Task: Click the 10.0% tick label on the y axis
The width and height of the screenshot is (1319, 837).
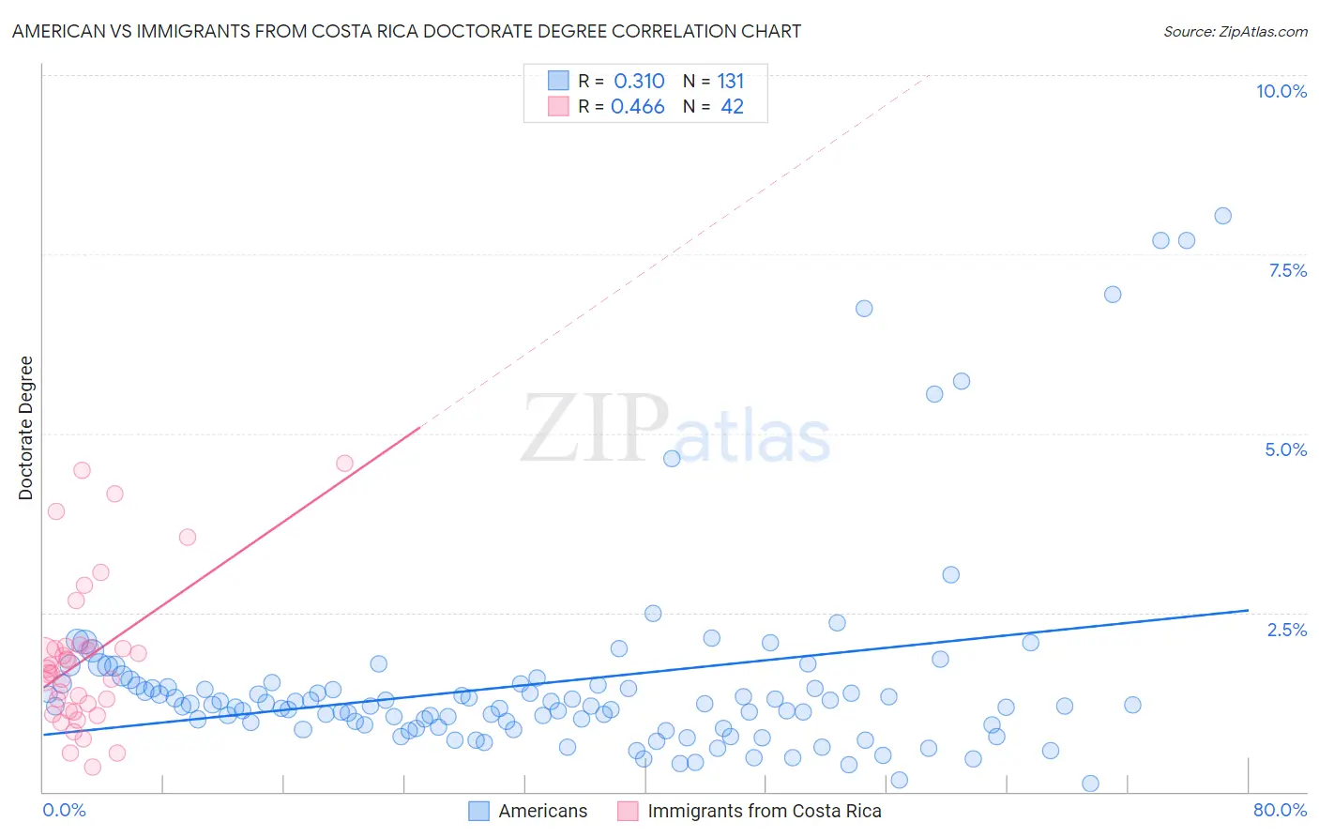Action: (1281, 91)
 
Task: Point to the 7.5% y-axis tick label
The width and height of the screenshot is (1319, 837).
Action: (1287, 270)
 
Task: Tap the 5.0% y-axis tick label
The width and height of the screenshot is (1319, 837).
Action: (1285, 449)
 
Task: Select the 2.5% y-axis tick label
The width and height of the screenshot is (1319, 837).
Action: (1287, 630)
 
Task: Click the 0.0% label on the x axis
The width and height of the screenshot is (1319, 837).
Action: (64, 810)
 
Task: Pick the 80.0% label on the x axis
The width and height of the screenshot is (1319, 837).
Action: (1280, 810)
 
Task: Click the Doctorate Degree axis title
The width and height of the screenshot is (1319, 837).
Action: (26, 428)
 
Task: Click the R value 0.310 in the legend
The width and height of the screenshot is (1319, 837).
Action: (639, 82)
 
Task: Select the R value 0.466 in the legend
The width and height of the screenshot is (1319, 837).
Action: (638, 107)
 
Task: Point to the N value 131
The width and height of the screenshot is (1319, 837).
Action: (731, 82)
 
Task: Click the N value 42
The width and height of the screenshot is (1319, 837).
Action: (732, 107)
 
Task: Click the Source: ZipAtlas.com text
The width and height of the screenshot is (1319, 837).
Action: (1235, 32)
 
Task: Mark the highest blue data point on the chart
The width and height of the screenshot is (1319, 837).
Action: (1222, 216)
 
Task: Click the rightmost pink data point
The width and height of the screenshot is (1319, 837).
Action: (344, 464)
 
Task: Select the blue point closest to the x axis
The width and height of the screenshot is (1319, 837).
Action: (1090, 784)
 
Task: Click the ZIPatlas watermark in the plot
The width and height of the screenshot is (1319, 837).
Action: (675, 430)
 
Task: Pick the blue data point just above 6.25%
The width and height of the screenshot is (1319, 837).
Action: (864, 309)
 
